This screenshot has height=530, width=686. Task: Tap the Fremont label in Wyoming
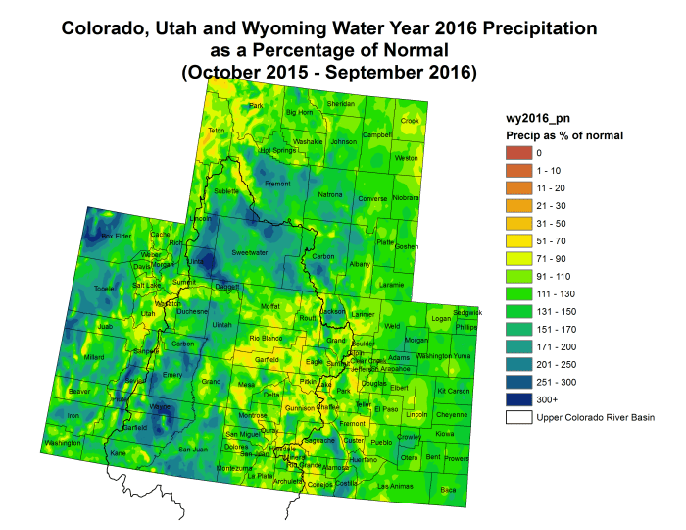click(277, 184)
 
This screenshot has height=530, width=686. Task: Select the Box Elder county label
click(116, 237)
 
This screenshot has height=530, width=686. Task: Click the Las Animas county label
click(396, 486)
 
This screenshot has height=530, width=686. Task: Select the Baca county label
click(448, 489)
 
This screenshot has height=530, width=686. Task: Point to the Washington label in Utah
click(63, 443)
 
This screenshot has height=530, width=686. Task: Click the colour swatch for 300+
click(515, 399)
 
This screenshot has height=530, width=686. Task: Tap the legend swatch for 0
click(515, 152)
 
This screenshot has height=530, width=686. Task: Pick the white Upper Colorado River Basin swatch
click(515, 417)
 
